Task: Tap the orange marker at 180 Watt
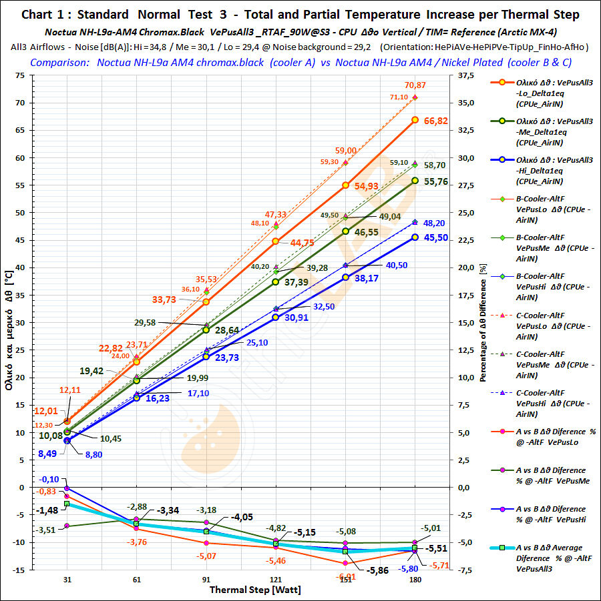pyautogui.click(x=415, y=120)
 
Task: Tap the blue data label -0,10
pyautogui.click(x=50, y=480)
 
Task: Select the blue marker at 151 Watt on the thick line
pyautogui.click(x=345, y=277)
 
